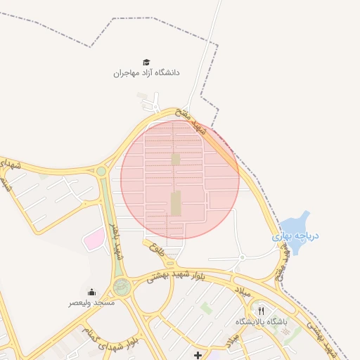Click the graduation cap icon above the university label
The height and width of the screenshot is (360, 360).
coord(147,63)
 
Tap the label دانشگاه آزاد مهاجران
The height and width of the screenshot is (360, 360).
coord(147,73)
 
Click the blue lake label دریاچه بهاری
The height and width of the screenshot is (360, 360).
coord(296,237)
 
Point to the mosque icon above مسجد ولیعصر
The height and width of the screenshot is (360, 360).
coord(92,292)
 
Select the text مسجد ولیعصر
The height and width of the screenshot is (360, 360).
coord(91,302)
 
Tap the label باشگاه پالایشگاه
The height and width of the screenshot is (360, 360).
coord(262,321)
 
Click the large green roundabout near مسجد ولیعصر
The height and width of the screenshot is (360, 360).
coord(122,286)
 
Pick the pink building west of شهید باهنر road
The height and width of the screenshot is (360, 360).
coord(94,240)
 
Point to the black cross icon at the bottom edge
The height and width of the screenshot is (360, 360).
coord(198,356)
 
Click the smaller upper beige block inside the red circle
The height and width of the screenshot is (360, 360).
coord(176,160)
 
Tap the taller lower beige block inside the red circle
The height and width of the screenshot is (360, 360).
coord(176,204)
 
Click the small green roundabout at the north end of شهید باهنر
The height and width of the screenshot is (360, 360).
coord(101,171)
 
